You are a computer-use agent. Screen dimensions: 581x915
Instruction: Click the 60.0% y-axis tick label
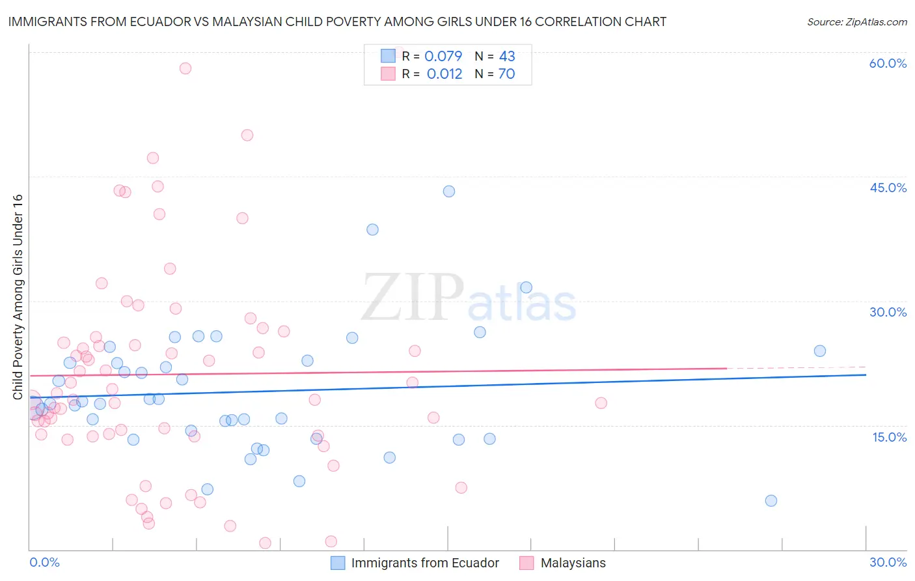888,63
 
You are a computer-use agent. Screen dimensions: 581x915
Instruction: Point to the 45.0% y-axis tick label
888,188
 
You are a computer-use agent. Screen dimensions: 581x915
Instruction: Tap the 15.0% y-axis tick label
889,437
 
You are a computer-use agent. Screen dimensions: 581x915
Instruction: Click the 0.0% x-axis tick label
44,562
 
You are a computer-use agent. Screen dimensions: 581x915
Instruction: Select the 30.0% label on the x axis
888,562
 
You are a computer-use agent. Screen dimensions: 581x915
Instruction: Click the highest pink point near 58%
185,68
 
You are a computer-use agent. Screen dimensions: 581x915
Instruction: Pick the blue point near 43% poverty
449,191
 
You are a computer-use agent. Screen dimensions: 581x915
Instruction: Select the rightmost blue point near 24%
820,351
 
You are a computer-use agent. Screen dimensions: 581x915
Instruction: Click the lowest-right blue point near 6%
771,501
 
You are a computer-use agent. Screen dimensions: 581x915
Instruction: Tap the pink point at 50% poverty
247,135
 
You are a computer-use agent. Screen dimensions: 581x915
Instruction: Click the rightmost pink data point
601,403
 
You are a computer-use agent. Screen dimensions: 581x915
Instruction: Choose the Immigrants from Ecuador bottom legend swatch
338,563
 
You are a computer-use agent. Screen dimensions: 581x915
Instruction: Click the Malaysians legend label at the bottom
573,563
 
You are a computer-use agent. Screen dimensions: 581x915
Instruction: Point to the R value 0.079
443,56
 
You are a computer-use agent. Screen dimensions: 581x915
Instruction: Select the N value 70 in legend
506,74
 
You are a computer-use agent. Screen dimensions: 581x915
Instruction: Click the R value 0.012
444,74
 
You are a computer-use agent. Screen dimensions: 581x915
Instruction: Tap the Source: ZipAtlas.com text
856,22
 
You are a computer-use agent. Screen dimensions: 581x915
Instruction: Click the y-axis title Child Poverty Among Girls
18,297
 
